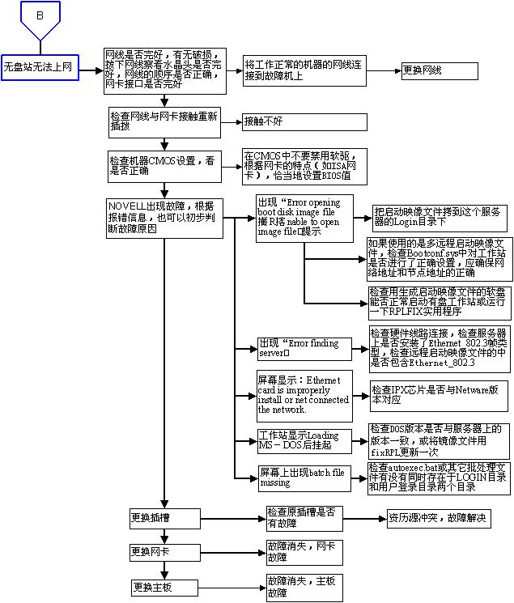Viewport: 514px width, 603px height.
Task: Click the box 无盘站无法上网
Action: point(39,67)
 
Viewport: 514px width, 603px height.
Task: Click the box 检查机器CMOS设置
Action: point(165,165)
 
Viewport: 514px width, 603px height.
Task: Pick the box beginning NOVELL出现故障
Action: point(165,217)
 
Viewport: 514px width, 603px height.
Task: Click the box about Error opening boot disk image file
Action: point(304,218)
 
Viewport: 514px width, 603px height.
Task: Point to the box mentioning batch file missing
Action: point(304,477)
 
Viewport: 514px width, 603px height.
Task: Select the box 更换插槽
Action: point(164,516)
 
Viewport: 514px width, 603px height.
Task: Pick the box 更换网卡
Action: point(164,553)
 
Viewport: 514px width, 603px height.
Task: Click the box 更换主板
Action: point(164,587)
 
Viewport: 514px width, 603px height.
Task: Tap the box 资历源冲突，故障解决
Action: point(437,518)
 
